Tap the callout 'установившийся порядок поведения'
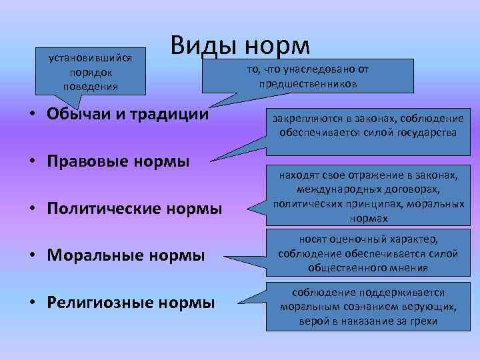click(x=90, y=71)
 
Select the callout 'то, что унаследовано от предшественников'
click(x=307, y=77)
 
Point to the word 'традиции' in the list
click(x=170, y=113)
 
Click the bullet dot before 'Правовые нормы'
click(x=33, y=162)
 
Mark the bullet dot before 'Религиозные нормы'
click(x=33, y=303)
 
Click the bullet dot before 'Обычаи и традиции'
click(x=33, y=113)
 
